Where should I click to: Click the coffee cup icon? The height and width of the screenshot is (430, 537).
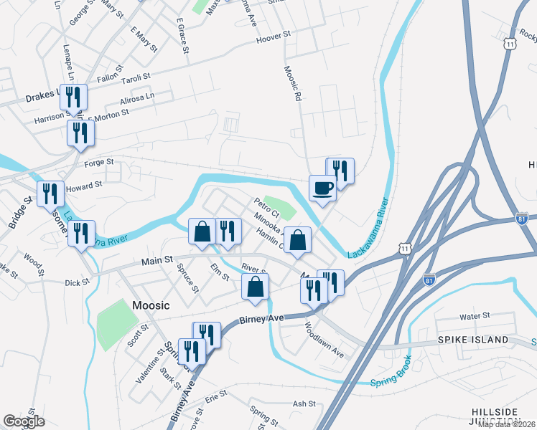click(322, 188)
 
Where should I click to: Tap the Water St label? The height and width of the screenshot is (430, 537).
click(475, 316)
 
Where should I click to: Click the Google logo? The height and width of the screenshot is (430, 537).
click(24, 421)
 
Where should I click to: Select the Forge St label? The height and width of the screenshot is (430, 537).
click(99, 163)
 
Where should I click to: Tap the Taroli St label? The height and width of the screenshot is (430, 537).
click(135, 75)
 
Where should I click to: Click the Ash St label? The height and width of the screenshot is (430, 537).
click(304, 404)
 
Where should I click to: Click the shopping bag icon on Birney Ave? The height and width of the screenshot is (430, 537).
click(255, 287)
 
